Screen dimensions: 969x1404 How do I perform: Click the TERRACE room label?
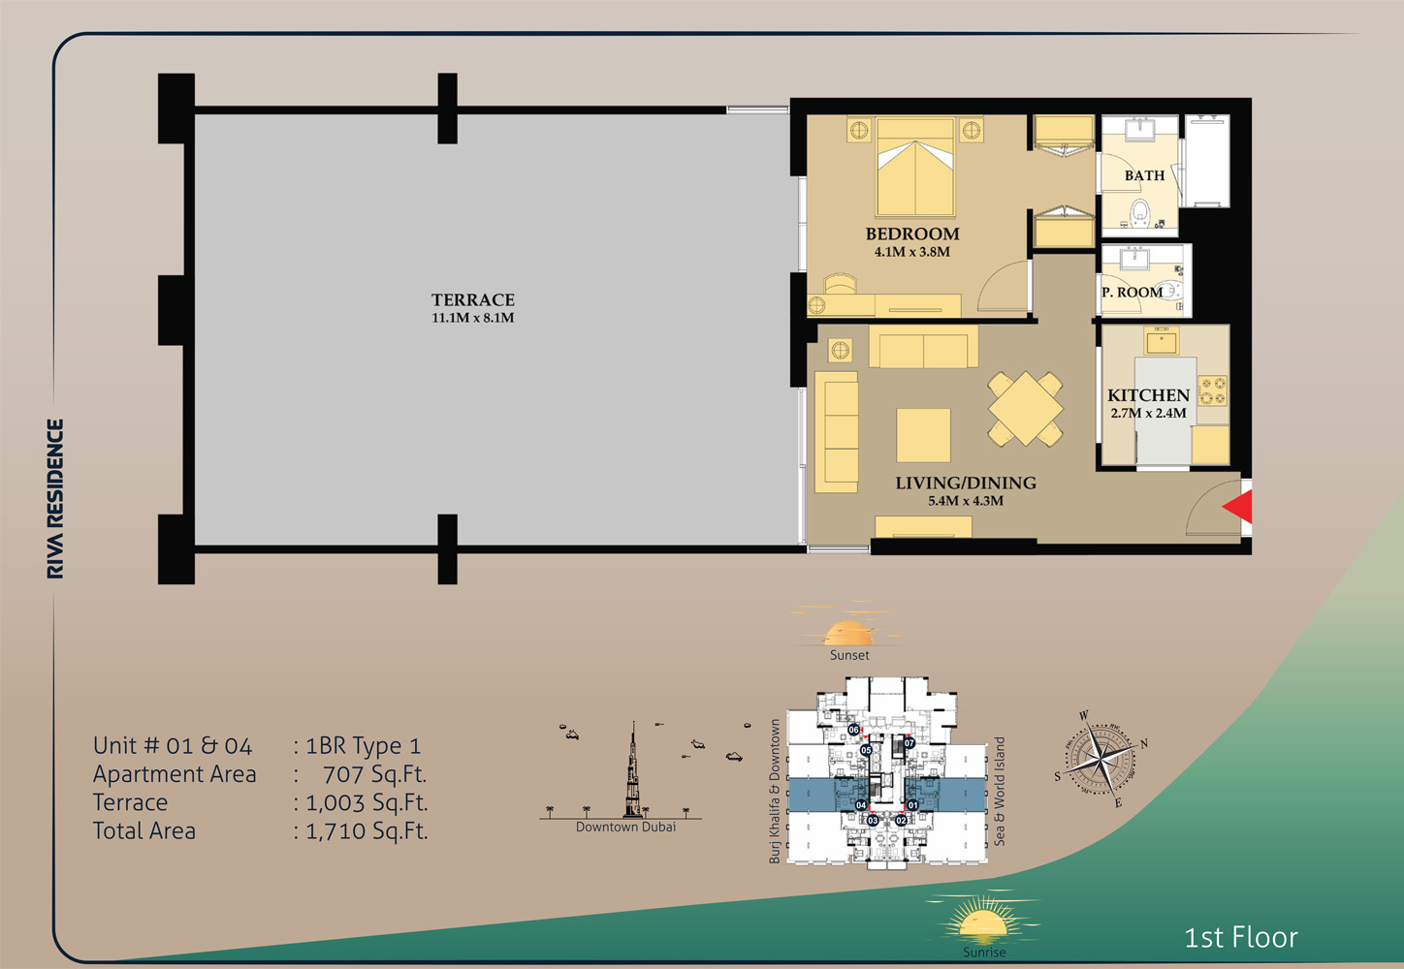click(472, 300)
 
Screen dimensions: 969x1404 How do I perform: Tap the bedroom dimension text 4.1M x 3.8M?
click(911, 252)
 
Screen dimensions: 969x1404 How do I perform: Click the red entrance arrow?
click(1238, 507)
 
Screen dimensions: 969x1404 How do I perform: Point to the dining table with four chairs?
click(1025, 409)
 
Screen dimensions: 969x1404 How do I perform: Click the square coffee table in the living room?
click(923, 435)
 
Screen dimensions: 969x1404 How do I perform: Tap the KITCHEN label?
click(1148, 395)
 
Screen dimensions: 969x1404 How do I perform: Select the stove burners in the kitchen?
click(1212, 391)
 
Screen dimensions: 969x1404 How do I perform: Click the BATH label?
click(1144, 175)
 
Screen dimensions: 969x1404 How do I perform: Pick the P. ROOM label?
click(1132, 292)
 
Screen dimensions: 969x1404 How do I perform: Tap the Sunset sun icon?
click(848, 633)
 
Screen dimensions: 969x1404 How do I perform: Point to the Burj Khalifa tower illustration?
click(633, 775)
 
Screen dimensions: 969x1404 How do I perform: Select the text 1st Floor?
click(1240, 937)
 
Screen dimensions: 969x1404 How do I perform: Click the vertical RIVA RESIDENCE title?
click(55, 499)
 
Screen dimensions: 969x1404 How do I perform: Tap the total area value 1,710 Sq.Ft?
click(367, 830)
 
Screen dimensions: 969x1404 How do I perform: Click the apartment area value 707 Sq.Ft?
click(374, 774)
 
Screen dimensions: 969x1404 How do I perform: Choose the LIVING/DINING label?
click(965, 483)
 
